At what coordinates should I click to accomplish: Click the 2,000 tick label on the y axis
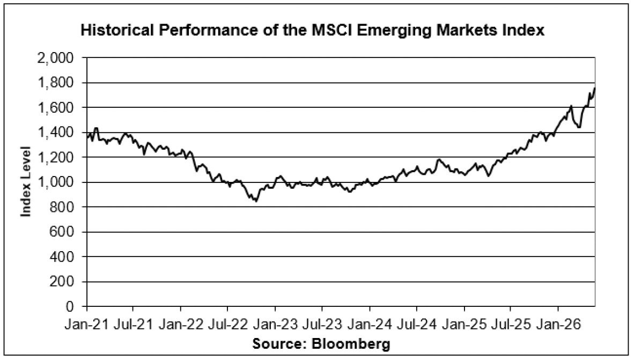point(55,58)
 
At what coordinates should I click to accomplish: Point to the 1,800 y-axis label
point(55,83)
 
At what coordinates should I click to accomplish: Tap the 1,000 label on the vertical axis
point(55,182)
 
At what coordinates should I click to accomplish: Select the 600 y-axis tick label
point(62,232)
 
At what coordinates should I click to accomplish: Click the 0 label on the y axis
point(70,306)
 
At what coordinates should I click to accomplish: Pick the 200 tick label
point(62,282)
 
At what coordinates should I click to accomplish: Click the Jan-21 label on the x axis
point(87,325)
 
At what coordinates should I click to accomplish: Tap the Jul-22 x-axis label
point(227,325)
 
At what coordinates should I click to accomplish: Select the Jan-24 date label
point(370,325)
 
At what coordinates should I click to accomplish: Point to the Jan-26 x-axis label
point(558,325)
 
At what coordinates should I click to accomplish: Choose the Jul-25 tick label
point(511,325)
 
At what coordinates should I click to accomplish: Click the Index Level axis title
point(26,182)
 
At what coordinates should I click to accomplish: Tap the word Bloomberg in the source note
point(351,344)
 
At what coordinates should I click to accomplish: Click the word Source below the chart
point(280,344)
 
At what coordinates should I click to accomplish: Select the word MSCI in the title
point(333,31)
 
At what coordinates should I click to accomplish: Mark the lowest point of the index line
point(256,201)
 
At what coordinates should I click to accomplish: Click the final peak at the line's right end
point(594,88)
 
